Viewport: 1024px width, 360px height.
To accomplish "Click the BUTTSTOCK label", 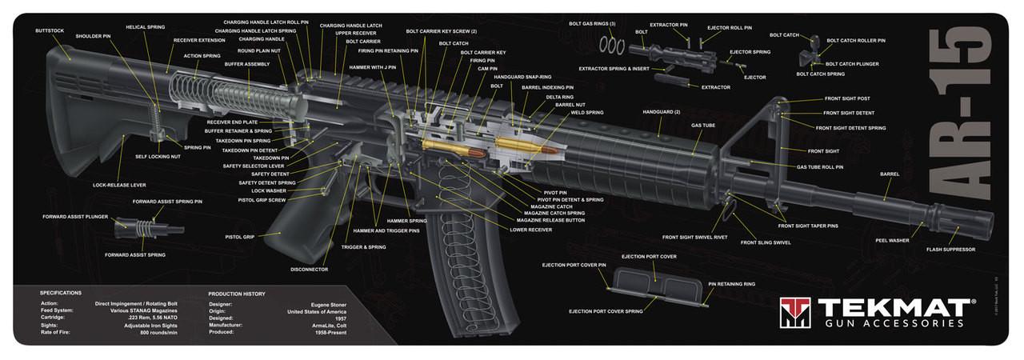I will (50, 31).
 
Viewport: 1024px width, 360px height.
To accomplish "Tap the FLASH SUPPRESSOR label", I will (950, 250).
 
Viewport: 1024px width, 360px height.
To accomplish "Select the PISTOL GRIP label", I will (239, 237).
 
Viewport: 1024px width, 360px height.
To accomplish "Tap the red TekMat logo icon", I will (795, 313).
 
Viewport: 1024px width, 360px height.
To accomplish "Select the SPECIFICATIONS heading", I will (61, 293).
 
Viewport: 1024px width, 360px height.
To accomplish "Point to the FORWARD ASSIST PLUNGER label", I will (75, 217).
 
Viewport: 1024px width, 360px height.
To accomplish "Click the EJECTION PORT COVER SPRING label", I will (606, 310).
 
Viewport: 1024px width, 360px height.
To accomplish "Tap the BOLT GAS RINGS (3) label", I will (592, 24).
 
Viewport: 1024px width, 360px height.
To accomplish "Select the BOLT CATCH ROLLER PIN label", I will (855, 40).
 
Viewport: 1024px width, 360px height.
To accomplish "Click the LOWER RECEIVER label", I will (530, 230).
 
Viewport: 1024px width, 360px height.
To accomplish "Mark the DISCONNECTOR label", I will (309, 269).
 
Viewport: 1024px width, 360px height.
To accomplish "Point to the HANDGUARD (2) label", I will (661, 111).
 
